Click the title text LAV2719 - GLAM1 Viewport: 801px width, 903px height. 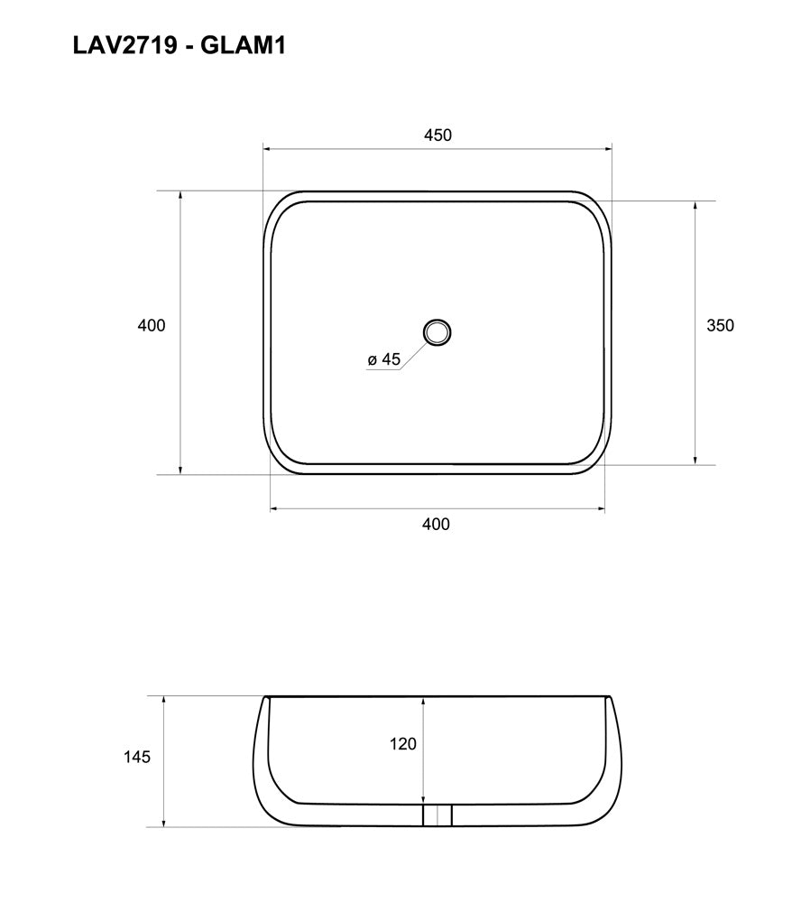click(179, 46)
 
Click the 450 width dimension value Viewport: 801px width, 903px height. click(437, 135)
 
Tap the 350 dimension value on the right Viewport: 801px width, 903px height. click(720, 326)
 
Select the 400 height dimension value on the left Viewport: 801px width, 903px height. click(152, 325)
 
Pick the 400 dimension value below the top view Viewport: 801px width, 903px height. click(436, 524)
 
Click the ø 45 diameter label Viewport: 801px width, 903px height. click(383, 359)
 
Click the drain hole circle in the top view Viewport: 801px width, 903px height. click(437, 332)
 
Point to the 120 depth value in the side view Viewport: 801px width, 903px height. click(403, 744)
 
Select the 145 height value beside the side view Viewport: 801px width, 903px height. click(136, 757)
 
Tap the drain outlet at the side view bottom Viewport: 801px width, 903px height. click(437, 815)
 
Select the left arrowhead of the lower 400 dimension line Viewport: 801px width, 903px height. click(276, 509)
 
